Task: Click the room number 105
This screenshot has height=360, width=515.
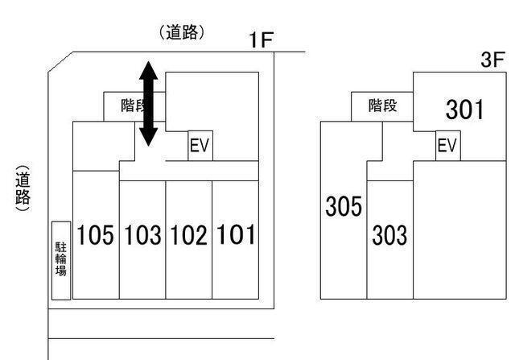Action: click(x=97, y=235)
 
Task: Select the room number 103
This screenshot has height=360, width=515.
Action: click(x=142, y=235)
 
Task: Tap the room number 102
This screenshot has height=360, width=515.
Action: click(x=188, y=235)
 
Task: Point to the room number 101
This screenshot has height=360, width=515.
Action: click(x=237, y=235)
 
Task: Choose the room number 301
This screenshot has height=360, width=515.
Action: click(x=464, y=110)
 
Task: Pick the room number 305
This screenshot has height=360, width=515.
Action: click(x=344, y=207)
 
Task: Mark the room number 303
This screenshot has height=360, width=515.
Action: click(x=389, y=236)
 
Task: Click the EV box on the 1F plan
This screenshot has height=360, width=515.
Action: click(x=200, y=147)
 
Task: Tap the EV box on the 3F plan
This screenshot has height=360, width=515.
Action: click(x=447, y=146)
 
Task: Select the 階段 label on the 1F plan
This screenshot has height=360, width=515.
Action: click(x=134, y=106)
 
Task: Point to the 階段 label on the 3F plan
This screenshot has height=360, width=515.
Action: click(x=382, y=106)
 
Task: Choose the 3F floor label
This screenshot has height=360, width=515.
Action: click(x=492, y=61)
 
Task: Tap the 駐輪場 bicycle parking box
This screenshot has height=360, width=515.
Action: click(x=61, y=260)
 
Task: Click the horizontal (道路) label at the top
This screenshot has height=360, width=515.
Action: click(x=183, y=33)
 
